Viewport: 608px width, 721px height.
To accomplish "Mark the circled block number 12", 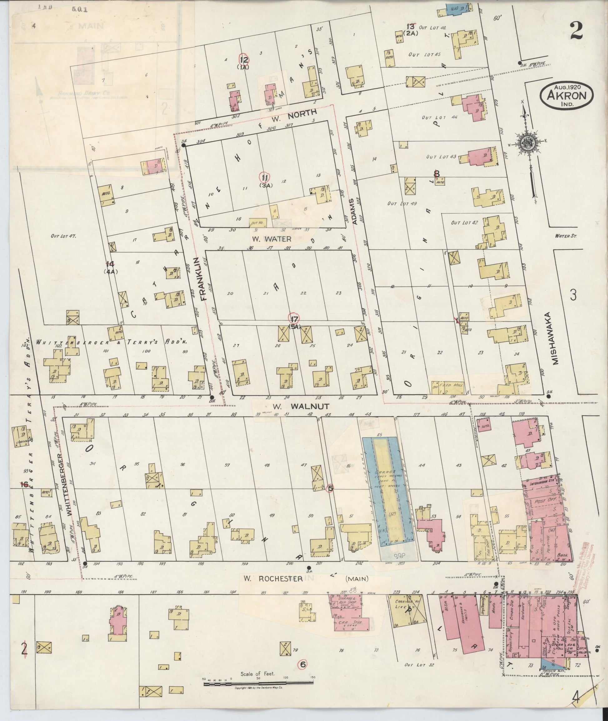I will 244,60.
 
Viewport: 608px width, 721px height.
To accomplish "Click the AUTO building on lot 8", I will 106,195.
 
